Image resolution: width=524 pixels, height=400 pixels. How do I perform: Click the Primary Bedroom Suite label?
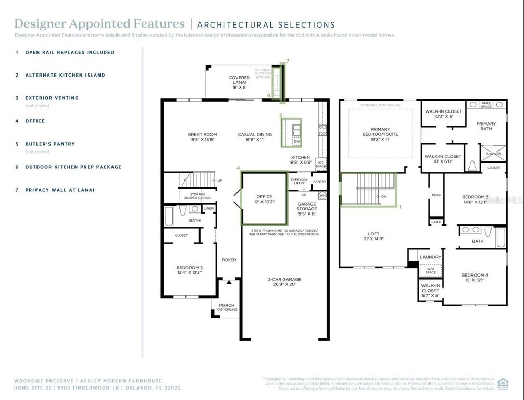(x=384, y=131)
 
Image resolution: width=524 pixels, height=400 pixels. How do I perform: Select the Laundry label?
(x=430, y=257)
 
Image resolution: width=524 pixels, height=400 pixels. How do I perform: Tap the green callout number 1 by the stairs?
(x=400, y=207)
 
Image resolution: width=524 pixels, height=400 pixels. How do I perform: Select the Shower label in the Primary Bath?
(x=493, y=154)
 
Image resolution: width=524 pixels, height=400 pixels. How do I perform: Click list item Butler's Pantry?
(x=50, y=144)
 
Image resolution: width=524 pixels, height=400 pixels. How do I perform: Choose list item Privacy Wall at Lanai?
(x=60, y=190)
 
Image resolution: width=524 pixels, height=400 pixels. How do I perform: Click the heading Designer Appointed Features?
(x=99, y=23)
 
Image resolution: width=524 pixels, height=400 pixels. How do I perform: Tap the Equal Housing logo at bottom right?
(x=503, y=383)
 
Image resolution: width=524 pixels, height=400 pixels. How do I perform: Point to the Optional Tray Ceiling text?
(x=380, y=105)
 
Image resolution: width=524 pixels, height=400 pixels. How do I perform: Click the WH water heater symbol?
(x=322, y=196)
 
